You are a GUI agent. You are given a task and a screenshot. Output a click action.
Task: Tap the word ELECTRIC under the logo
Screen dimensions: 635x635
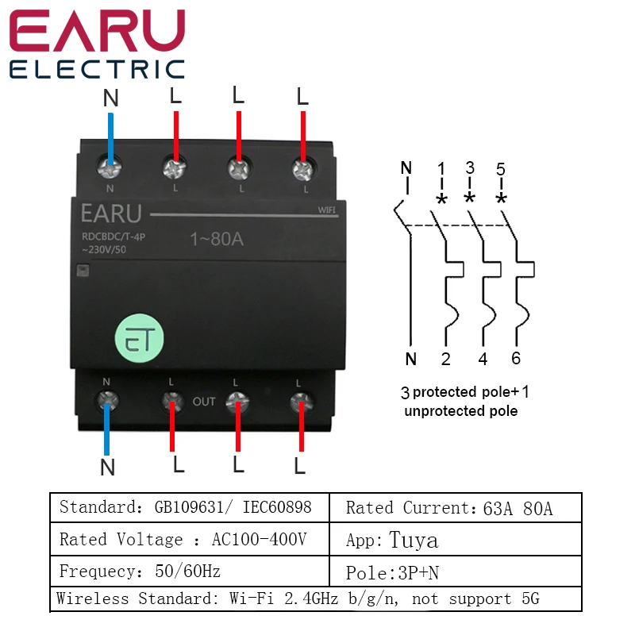pyautogui.click(x=97, y=69)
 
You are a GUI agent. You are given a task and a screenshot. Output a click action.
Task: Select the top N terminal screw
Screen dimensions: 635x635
pyautogui.click(x=111, y=167)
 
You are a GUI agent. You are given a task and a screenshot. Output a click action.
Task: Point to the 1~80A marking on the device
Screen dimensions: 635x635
pyautogui.click(x=217, y=238)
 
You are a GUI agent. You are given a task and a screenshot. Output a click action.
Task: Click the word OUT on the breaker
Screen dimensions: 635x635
pyautogui.click(x=204, y=402)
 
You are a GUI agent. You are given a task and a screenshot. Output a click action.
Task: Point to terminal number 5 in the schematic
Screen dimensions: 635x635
pyautogui.click(x=501, y=169)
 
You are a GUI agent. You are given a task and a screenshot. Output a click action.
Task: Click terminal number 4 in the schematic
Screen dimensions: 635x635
pyautogui.click(x=483, y=359)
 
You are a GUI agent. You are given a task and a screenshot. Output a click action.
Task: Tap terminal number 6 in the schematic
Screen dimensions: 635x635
pyautogui.click(x=516, y=359)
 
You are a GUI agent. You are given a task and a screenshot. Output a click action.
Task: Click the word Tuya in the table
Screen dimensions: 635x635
pyautogui.click(x=414, y=541)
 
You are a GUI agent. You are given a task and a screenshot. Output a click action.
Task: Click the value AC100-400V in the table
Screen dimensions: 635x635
pyautogui.click(x=259, y=540)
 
